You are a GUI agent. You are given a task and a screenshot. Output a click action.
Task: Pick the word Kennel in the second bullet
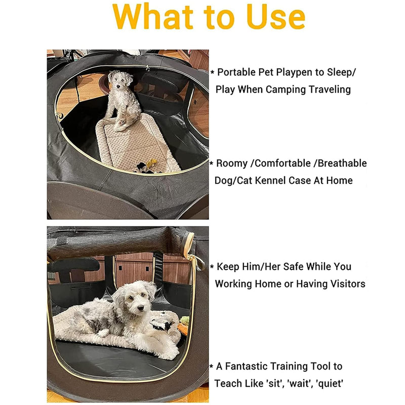[280, 180]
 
